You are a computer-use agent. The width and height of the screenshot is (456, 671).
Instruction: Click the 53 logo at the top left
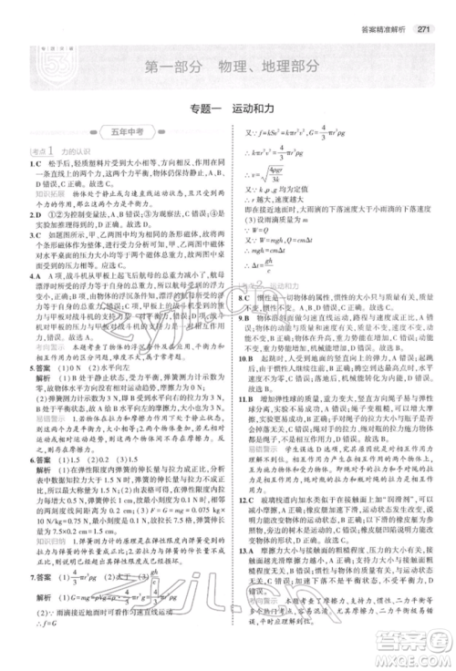36,64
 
